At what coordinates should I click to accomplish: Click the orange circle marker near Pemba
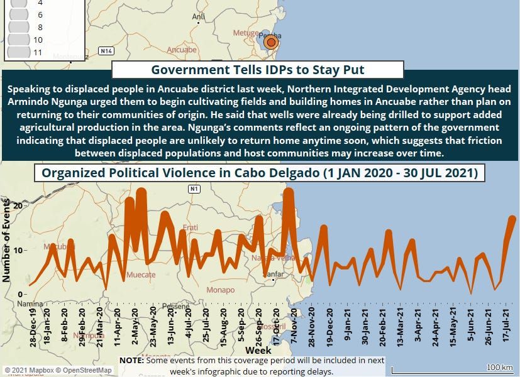point(271,42)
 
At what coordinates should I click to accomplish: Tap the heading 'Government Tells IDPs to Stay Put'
point(258,69)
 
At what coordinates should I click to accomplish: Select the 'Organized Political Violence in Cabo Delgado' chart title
point(259,173)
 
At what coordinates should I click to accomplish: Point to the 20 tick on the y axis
point(18,206)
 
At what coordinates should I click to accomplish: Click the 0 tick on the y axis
point(21,294)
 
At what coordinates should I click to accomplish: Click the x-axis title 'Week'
point(258,350)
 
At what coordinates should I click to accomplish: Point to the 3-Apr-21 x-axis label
point(418,325)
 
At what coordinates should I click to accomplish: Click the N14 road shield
point(106,50)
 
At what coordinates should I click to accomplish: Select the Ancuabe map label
point(182,50)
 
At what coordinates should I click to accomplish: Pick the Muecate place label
point(141,275)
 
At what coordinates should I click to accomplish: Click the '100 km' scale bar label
point(499,367)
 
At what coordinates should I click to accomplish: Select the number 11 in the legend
point(38,52)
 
